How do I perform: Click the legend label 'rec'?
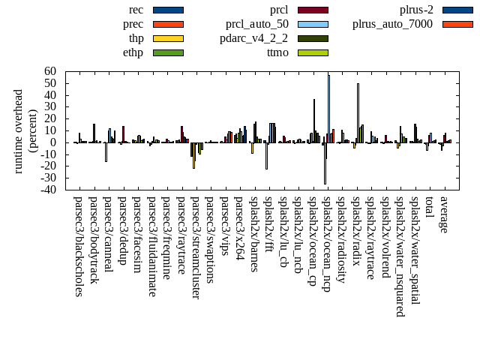coord(136,10)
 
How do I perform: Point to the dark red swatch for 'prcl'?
coord(313,10)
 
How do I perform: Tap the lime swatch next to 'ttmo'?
coord(313,52)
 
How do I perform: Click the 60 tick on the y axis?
coord(51,71)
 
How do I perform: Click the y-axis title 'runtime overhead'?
coord(19,130)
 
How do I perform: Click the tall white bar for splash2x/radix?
coord(358,112)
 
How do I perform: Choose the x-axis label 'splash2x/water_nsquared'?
coord(400,251)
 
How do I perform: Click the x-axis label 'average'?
coord(443,214)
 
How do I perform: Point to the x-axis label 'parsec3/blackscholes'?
coord(79,247)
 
